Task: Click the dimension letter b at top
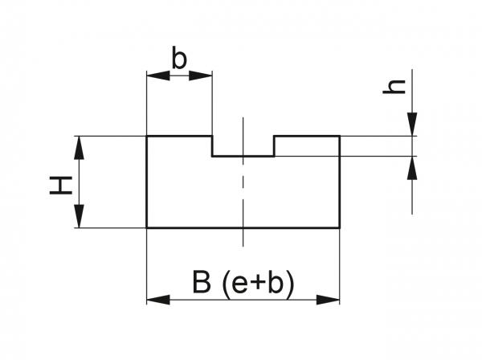(180, 59)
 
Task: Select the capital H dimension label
(59, 186)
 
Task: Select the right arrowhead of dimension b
(202, 76)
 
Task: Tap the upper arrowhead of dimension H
(79, 147)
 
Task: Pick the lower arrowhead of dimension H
(79, 217)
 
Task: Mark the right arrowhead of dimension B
(329, 300)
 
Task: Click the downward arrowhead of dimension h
(412, 124)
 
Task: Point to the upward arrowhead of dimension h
(412, 168)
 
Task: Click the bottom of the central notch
(243, 156)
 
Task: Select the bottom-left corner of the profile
(146, 227)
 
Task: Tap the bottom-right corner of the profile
(339, 227)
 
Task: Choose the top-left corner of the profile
(146, 136)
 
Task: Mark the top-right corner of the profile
(339, 136)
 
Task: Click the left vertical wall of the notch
(212, 146)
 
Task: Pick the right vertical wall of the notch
(275, 146)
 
